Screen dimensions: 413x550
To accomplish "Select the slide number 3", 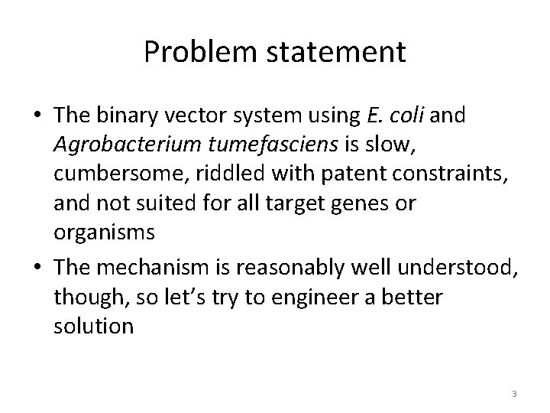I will tap(514, 394).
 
